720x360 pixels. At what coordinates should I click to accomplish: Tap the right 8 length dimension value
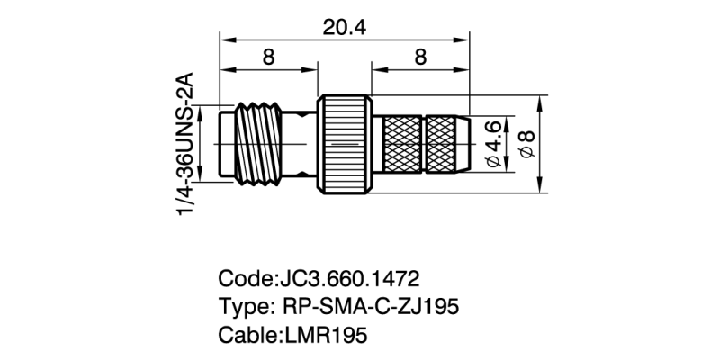(419, 58)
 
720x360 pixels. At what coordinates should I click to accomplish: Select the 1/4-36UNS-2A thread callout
(187, 144)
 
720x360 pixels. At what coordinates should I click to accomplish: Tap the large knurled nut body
(346, 144)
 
